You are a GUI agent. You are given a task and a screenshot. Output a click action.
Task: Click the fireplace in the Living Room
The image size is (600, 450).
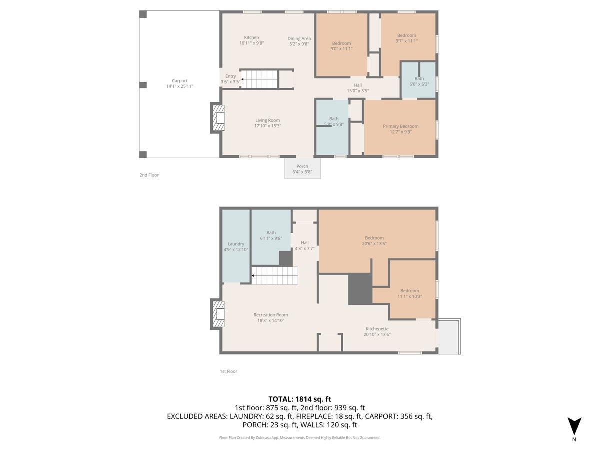[x=218, y=118]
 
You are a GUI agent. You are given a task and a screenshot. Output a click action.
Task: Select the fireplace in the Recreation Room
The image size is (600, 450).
[x=218, y=314]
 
